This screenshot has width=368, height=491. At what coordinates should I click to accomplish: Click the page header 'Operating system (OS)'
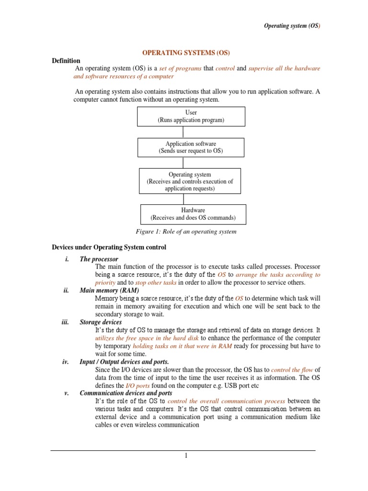tap(291, 26)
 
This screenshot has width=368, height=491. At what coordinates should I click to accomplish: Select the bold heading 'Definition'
tap(66, 61)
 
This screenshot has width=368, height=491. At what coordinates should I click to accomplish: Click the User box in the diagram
tap(191, 117)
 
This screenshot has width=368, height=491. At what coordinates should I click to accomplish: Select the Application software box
tap(191, 147)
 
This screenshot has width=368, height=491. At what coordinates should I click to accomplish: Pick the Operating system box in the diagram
tap(190, 181)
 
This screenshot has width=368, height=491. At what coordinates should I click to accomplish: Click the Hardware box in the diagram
tap(193, 214)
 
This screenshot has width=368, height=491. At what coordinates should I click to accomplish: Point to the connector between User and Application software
tap(191, 132)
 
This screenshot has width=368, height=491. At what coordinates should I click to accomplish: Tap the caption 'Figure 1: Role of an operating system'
tap(186, 232)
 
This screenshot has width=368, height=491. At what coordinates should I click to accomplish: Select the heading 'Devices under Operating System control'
tap(109, 247)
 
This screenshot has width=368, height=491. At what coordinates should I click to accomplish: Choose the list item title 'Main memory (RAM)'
tap(109, 291)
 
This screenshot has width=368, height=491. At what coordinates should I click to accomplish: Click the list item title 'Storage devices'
tap(101, 322)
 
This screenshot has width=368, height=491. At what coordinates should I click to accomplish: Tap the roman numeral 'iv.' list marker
tap(66, 362)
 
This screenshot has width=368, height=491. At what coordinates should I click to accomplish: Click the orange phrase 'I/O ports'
tap(125, 385)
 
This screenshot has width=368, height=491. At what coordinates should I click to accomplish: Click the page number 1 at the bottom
tap(186, 456)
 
